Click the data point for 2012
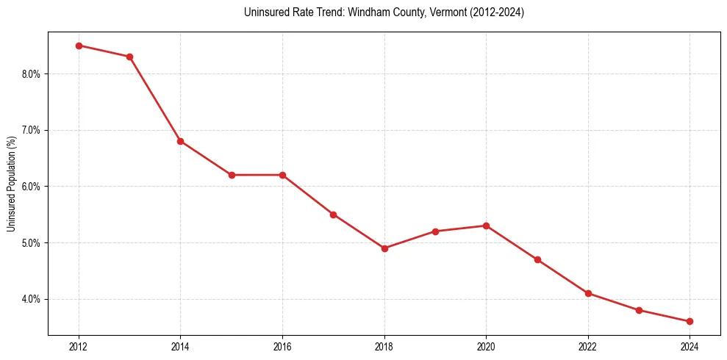click(x=79, y=46)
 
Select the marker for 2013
click(x=129, y=57)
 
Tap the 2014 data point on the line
click(x=180, y=141)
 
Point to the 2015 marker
click(x=232, y=175)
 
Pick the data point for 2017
click(x=333, y=215)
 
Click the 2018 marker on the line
click(x=384, y=248)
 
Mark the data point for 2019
click(x=435, y=231)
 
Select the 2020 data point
click(x=486, y=226)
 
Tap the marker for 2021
click(x=537, y=259)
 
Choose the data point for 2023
click(x=639, y=310)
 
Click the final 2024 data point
click(x=690, y=321)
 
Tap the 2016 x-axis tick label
click(x=282, y=346)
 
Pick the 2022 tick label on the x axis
click(x=588, y=346)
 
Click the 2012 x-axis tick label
click(x=79, y=346)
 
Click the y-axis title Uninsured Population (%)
click(x=11, y=184)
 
